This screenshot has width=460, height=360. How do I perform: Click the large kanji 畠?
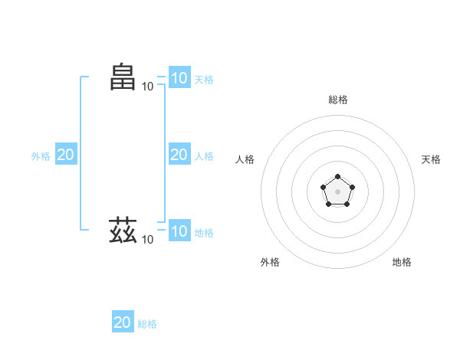pyautogui.click(x=123, y=77)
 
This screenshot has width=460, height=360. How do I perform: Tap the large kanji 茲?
pyautogui.click(x=123, y=229)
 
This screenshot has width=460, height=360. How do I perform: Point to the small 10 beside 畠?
pyautogui.click(x=147, y=86)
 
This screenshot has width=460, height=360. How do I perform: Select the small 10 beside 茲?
pyautogui.click(x=147, y=240)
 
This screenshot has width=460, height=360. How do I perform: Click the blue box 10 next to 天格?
pyautogui.click(x=179, y=78)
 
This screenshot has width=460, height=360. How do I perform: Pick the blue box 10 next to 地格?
pyautogui.click(x=179, y=231)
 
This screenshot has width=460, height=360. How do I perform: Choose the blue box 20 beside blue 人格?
pyautogui.click(x=179, y=155)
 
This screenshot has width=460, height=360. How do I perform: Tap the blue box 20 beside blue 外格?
pyautogui.click(x=65, y=155)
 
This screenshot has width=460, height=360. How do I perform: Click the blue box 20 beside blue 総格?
pyautogui.click(x=123, y=322)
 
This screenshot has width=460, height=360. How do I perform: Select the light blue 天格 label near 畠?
pyautogui.click(x=204, y=79)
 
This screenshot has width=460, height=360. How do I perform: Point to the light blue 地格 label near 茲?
pyautogui.click(x=204, y=232)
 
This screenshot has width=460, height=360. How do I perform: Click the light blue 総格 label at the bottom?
pyautogui.click(x=147, y=324)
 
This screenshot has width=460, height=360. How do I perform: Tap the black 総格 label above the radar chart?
pyautogui.click(x=337, y=100)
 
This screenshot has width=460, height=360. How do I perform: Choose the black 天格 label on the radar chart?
pyautogui.click(x=431, y=159)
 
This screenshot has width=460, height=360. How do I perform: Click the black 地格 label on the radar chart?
pyautogui.click(x=401, y=262)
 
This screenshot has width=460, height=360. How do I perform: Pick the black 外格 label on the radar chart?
pyautogui.click(x=270, y=262)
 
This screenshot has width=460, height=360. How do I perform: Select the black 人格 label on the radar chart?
pyautogui.click(x=245, y=159)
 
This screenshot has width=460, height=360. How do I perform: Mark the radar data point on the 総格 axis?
pyautogui.click(x=337, y=177)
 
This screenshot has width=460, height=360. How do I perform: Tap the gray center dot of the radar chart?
pyautogui.click(x=337, y=191)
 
